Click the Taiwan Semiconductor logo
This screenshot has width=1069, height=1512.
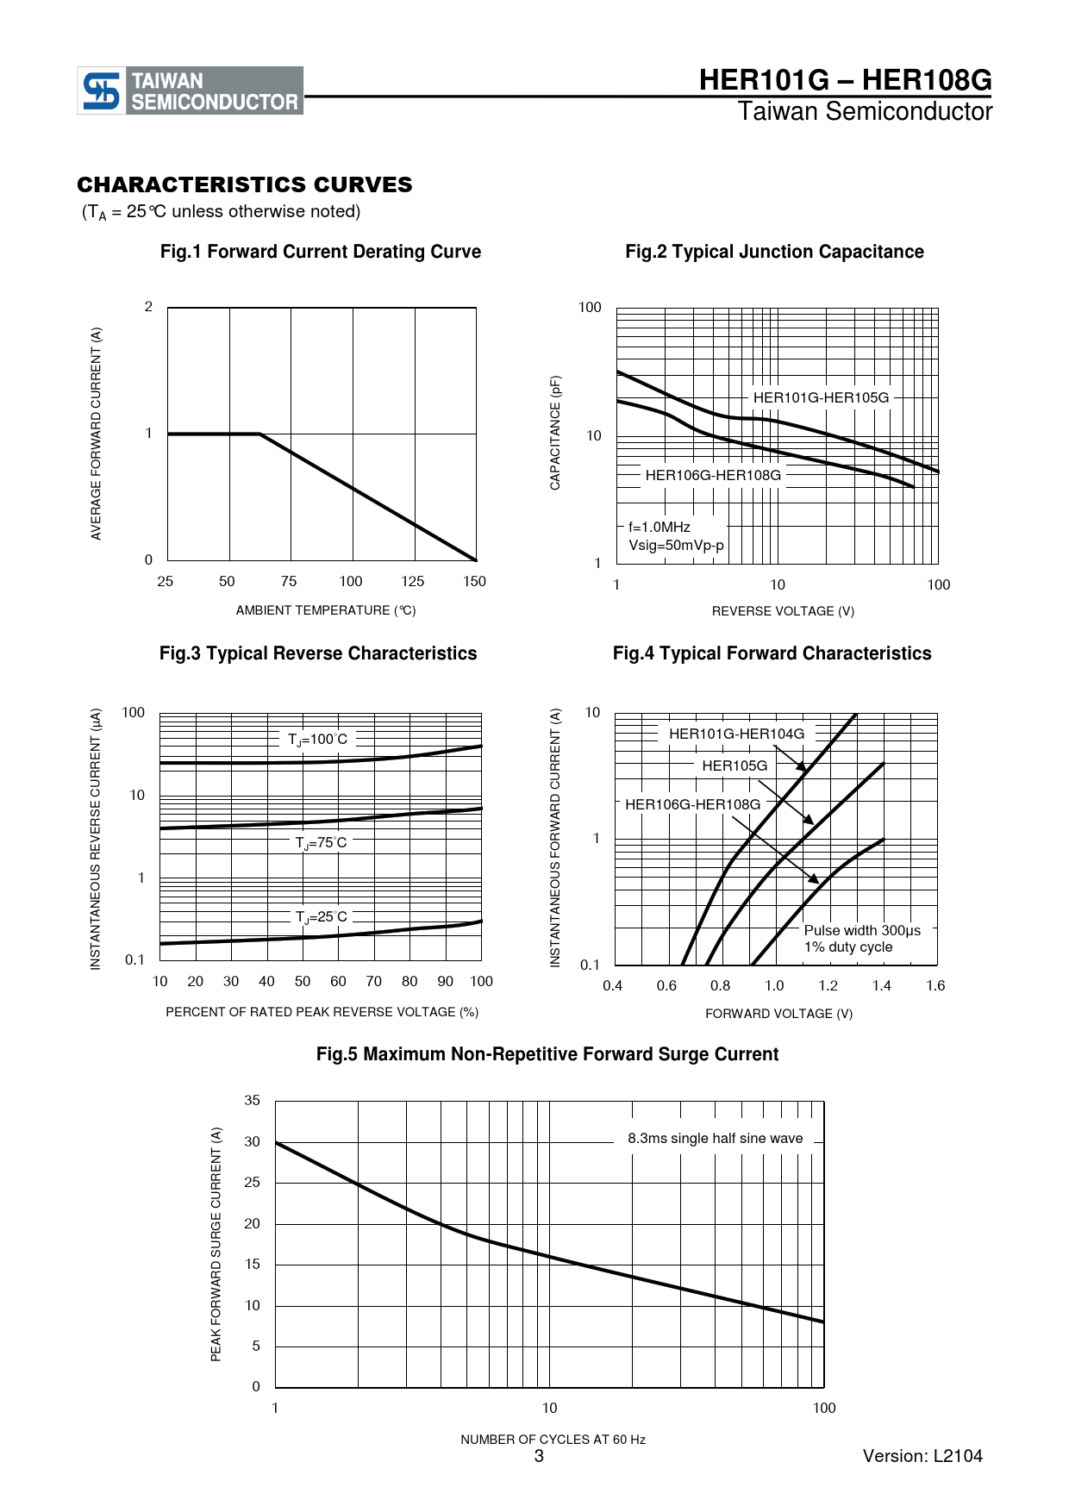[191, 91]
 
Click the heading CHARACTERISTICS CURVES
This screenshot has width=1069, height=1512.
[245, 184]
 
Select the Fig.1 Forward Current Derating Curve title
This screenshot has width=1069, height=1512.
[321, 252]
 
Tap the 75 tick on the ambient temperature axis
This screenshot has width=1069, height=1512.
[289, 581]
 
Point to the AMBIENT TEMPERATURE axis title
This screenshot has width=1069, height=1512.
[326, 610]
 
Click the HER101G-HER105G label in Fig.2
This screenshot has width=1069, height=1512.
[821, 397]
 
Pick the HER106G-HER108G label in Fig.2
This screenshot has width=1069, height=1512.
[713, 475]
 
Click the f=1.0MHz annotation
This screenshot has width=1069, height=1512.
[660, 527]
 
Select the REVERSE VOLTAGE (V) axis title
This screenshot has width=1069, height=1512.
[783, 611]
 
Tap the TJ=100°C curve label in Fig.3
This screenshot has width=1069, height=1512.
[318, 740]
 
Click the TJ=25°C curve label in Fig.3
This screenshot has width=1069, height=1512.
[322, 917]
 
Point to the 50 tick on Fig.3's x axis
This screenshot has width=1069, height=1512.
[303, 981]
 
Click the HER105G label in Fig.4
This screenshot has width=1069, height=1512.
[735, 765]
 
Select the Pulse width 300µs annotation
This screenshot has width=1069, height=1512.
[862, 930]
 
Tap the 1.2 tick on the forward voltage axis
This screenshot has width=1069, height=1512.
[828, 985]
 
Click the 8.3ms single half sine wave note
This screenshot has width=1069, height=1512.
[716, 1138]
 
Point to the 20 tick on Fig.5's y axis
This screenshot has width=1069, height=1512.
[252, 1223]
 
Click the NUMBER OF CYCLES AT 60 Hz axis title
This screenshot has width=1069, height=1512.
[553, 1440]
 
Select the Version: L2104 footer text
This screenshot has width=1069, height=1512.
[922, 1456]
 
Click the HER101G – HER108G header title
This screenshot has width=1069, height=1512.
[845, 80]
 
